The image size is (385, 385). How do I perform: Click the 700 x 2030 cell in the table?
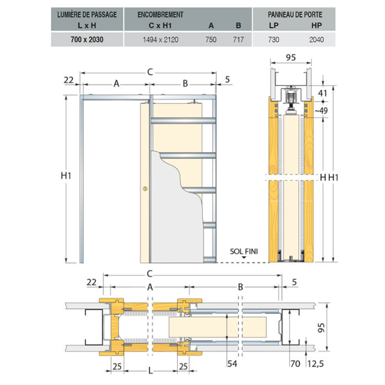click(87, 40)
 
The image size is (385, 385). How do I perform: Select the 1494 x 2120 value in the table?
click(160, 40)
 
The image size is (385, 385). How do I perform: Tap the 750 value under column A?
click(211, 40)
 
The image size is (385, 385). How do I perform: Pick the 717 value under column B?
click(238, 40)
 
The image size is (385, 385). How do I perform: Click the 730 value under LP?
click(273, 40)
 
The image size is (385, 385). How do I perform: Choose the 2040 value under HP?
click(316, 40)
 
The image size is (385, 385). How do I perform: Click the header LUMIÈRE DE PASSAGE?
click(87, 15)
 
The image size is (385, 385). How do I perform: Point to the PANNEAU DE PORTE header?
click(295, 15)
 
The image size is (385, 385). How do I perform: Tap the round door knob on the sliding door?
click(146, 189)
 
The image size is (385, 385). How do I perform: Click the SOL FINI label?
click(244, 252)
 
